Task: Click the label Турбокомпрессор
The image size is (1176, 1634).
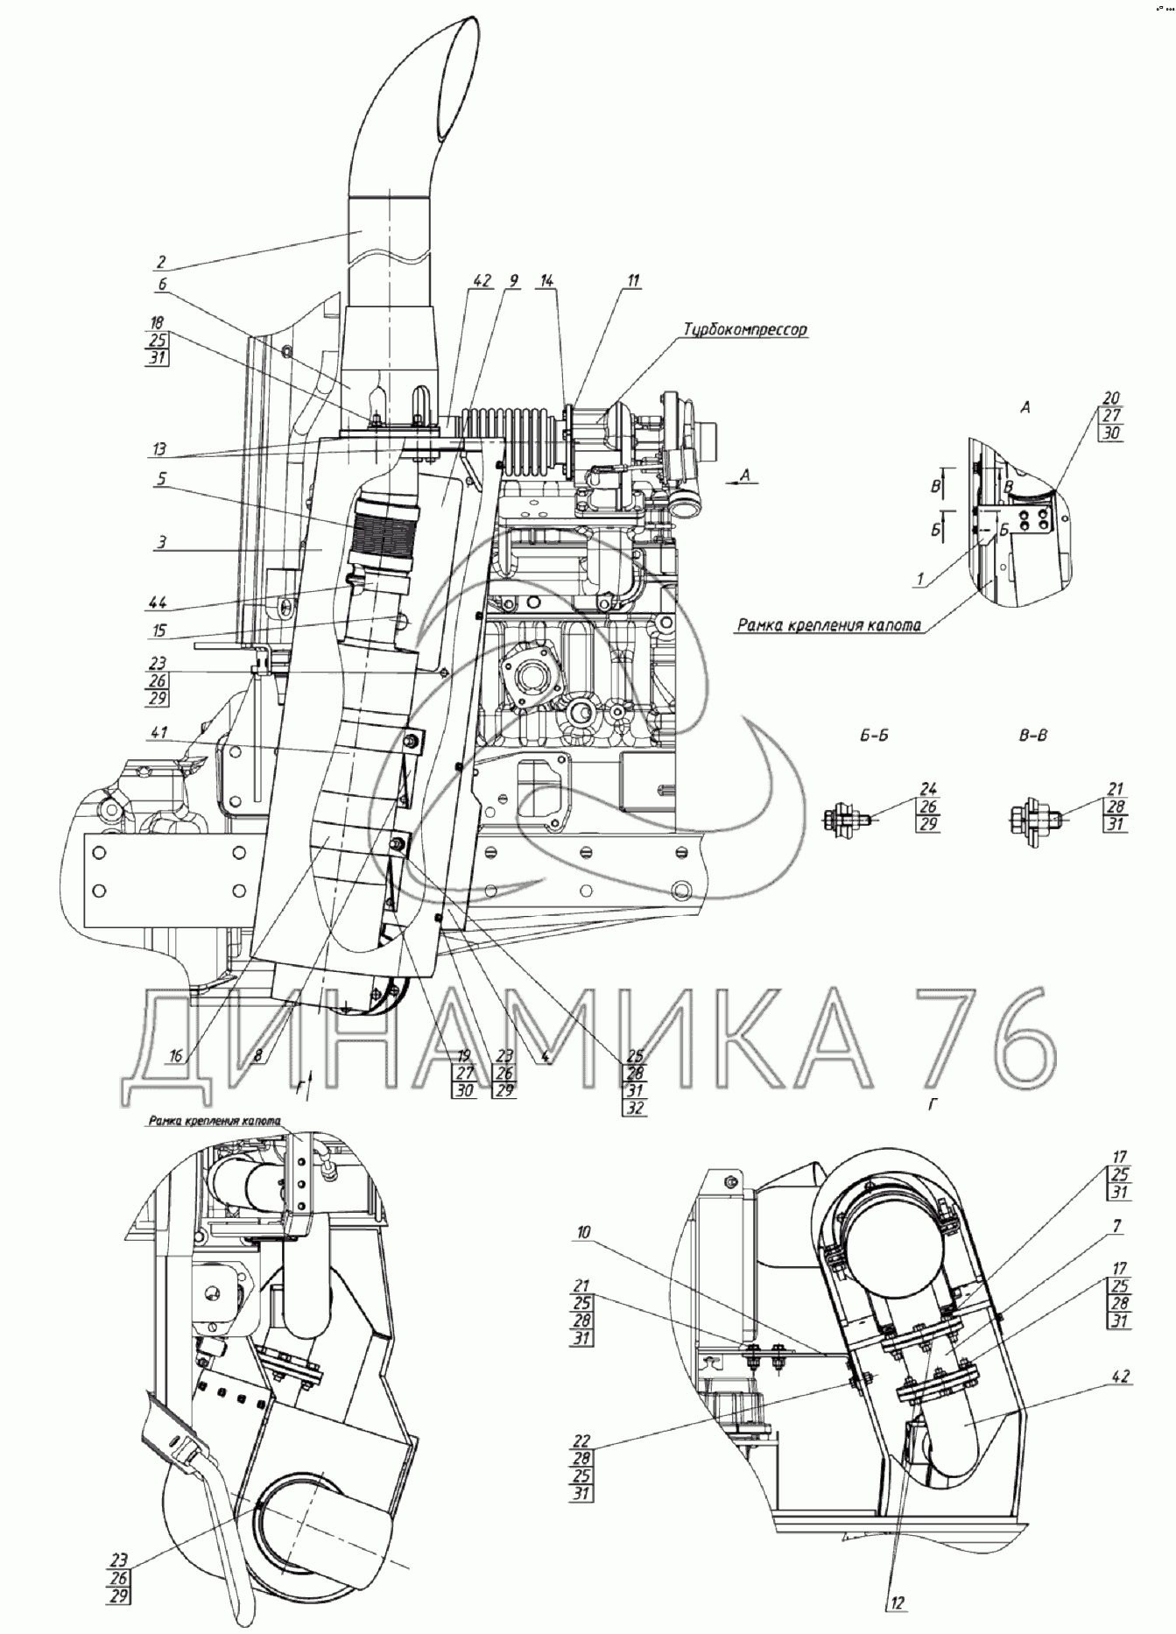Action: [x=744, y=330]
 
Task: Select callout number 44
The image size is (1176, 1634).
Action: [x=158, y=602]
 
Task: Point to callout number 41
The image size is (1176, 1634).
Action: [x=158, y=733]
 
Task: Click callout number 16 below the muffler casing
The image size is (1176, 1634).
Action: [x=176, y=1056]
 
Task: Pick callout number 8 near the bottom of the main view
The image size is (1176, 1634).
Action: [x=257, y=1056]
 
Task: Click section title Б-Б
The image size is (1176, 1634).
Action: [x=873, y=736]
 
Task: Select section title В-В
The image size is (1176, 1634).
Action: [x=1033, y=736]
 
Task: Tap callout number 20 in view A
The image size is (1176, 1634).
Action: [x=1112, y=399]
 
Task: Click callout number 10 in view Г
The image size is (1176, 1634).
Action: [x=583, y=1232]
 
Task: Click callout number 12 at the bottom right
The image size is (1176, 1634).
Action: [x=898, y=1602]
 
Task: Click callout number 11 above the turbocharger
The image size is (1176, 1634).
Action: [x=632, y=281]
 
